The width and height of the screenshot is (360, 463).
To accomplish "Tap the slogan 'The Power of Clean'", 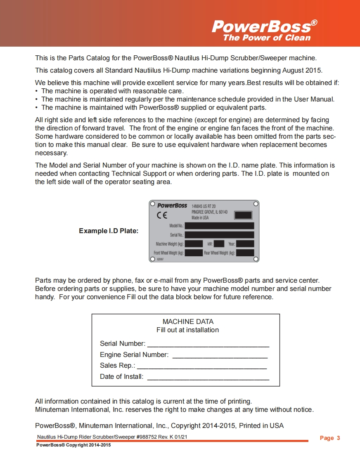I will pyautogui.click(x=267, y=38).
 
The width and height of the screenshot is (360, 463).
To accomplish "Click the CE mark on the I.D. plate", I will pyautogui.click(x=162, y=215).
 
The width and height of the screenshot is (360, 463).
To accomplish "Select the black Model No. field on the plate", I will pyautogui.click(x=219, y=226).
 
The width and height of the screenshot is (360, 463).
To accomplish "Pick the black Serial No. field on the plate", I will pyautogui.click(x=219, y=235).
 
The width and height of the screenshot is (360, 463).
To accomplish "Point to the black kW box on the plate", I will pyautogui.click(x=219, y=244).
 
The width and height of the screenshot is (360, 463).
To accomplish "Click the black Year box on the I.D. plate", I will pyautogui.click(x=245, y=244).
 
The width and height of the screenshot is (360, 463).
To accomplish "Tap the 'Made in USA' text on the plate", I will pyautogui.click(x=200, y=218).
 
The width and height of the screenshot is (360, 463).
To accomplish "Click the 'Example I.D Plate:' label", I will pyautogui.click(x=109, y=231).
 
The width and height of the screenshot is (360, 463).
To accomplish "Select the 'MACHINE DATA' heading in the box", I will pyautogui.click(x=188, y=321).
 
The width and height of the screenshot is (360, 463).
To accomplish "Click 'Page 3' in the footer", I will pyautogui.click(x=330, y=438).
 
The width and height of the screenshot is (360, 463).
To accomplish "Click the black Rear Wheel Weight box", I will pyautogui.click(x=245, y=253).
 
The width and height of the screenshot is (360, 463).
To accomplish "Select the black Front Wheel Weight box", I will pyautogui.click(x=194, y=253).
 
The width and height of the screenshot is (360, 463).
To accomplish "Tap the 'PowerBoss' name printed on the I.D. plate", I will pyautogui.click(x=172, y=206).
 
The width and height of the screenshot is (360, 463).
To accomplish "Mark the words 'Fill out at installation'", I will pyautogui.click(x=187, y=330).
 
